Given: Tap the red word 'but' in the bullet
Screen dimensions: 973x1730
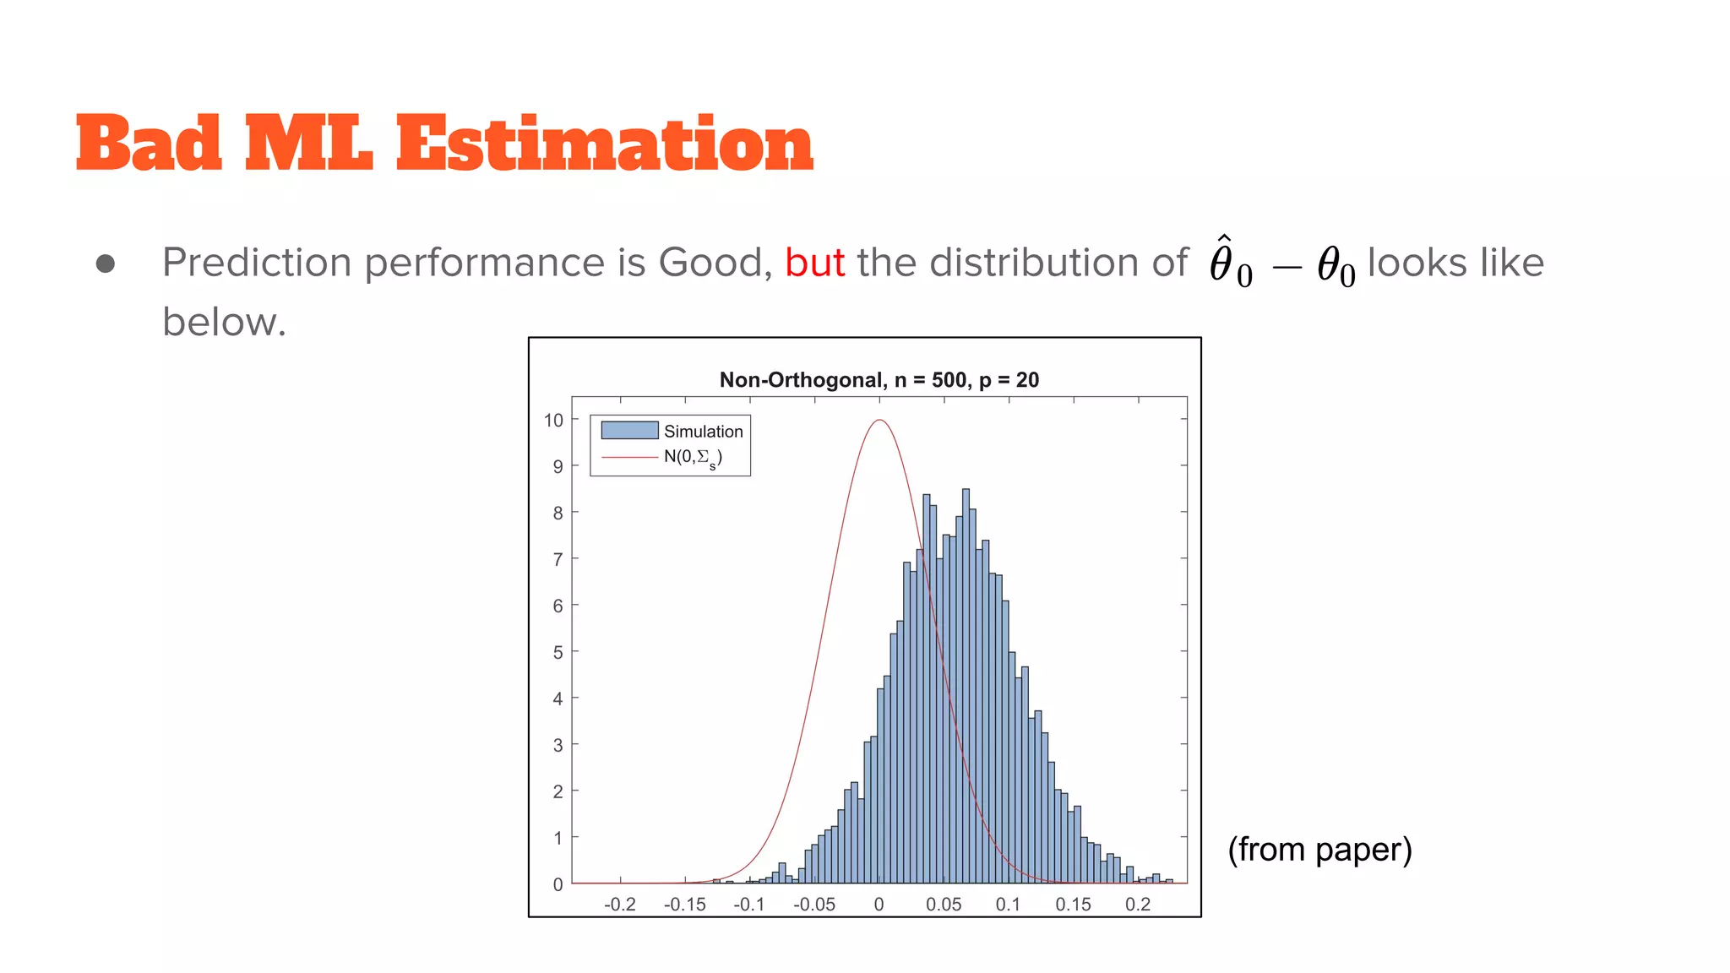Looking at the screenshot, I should tap(814, 263).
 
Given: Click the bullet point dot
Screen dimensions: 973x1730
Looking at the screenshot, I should tap(106, 264).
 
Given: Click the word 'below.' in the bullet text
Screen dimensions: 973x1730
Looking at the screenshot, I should tap(225, 322).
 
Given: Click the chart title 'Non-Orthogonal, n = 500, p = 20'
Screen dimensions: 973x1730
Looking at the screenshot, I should tap(879, 380).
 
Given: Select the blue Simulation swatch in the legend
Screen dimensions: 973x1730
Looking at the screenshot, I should tap(629, 431).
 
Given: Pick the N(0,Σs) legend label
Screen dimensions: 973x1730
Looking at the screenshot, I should tap(693, 458).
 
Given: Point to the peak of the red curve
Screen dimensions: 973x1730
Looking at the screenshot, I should tap(879, 421).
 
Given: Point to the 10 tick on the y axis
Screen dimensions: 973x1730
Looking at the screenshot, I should tap(553, 421).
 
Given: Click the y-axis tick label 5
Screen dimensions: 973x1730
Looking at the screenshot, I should tap(558, 652).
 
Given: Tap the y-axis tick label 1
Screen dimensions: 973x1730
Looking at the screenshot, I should tap(558, 838).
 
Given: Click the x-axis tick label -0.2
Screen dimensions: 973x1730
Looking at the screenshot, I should tap(620, 905).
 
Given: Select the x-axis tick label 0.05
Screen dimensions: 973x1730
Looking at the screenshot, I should tap(944, 905).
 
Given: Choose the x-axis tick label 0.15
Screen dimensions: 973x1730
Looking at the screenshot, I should tap(1073, 905).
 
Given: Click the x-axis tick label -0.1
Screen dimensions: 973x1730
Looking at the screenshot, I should tap(749, 905).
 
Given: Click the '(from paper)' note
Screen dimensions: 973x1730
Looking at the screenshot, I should tap(1319, 850).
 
